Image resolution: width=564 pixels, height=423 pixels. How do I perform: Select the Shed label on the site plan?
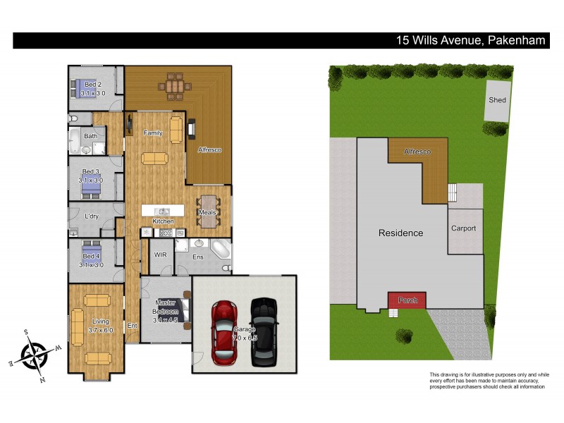click(x=497, y=100)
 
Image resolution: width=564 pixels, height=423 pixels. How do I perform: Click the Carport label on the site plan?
click(x=463, y=228)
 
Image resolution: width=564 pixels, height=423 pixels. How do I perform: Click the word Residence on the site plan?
click(x=400, y=233)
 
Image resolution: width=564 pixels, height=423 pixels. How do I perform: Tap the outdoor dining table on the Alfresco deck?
click(x=173, y=87)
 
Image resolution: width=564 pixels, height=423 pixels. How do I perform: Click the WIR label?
click(x=159, y=247)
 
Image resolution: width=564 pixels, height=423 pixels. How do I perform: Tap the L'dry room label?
click(x=91, y=216)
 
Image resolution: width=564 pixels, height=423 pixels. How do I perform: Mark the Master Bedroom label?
click(x=167, y=307)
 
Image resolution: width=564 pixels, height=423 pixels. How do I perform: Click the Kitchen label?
click(x=164, y=221)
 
